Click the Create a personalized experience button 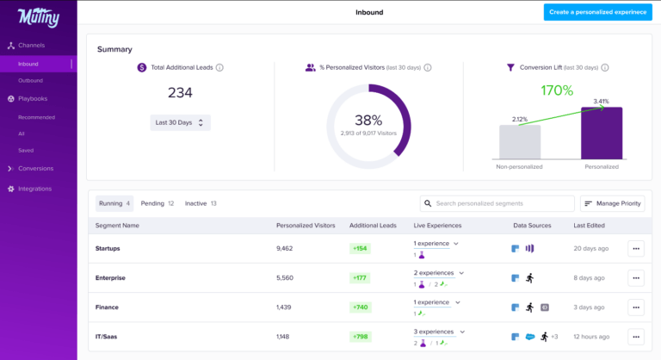coord(597,12)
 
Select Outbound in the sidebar coord(30,80)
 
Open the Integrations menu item coord(34,189)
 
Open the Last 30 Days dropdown coord(179,122)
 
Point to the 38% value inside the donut coord(368,121)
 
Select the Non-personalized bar coord(520,141)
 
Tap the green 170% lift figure coord(557,90)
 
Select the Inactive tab coord(201,203)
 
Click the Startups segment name coord(108,248)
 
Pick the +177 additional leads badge coord(361,277)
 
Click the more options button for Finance coord(636,307)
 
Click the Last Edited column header coord(589,226)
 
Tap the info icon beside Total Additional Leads coord(219,67)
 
